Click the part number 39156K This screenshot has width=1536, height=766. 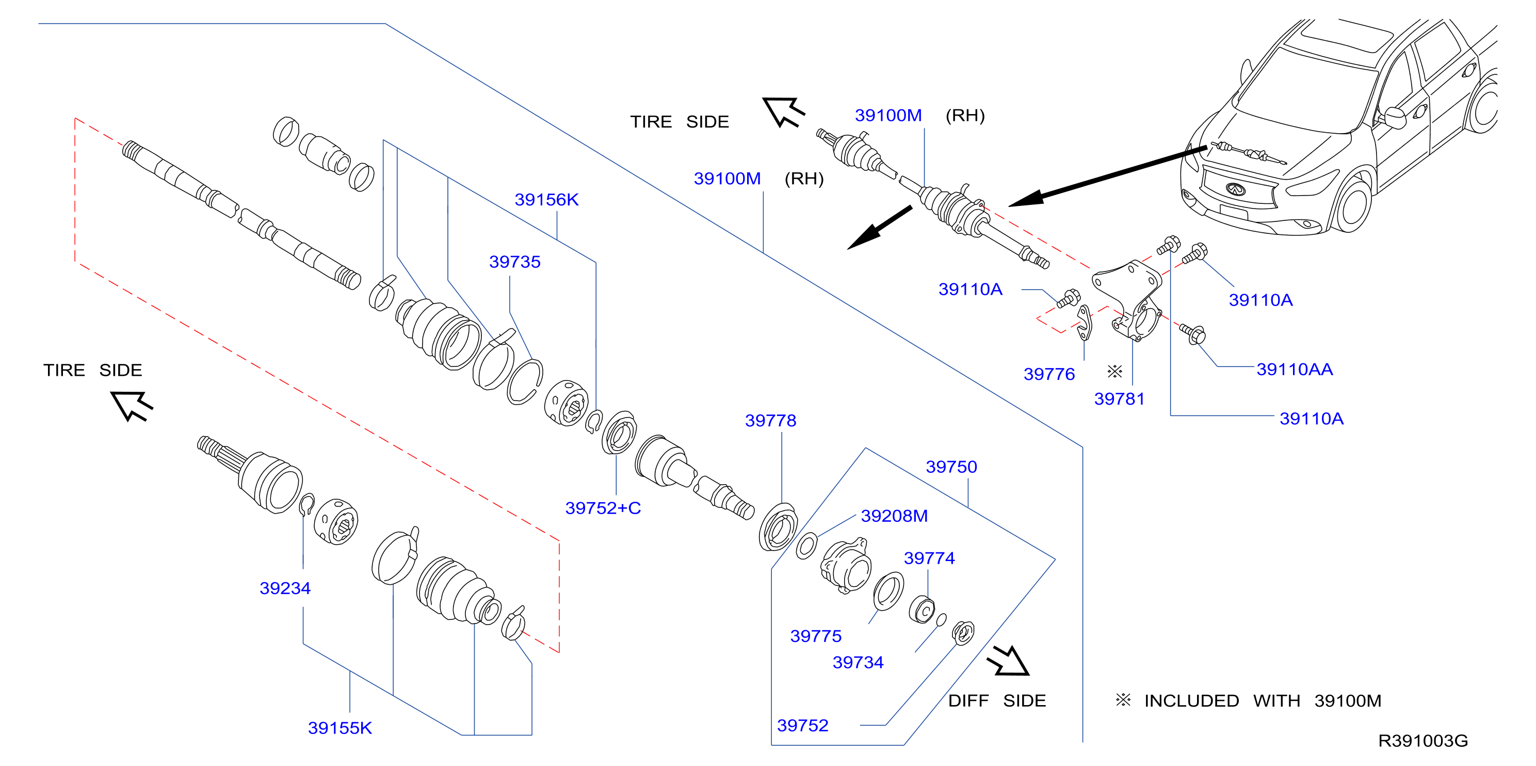[546, 200]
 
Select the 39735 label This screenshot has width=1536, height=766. [514, 262]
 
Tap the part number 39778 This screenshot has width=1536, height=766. [770, 421]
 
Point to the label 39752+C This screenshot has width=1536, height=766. [603, 508]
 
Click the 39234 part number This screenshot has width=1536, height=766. [285, 588]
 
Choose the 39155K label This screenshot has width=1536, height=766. [340, 728]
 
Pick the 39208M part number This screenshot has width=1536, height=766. [895, 516]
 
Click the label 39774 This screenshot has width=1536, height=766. [929, 558]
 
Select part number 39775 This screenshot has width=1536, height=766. [816, 636]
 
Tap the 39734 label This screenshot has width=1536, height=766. [858, 663]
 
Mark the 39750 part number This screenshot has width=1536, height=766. [951, 467]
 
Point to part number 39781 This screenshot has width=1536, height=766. [1119, 399]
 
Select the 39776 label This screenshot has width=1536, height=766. [1049, 375]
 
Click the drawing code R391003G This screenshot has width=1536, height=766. [1422, 741]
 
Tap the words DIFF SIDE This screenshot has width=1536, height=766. [997, 701]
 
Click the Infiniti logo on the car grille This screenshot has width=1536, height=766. [1236, 189]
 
